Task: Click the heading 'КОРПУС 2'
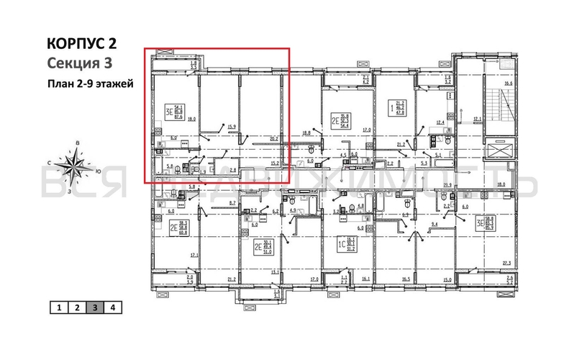(x=81, y=44)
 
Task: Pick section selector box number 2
(x=76, y=307)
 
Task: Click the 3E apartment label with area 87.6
(x=173, y=113)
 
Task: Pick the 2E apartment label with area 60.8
(x=178, y=228)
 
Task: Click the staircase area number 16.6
(x=509, y=84)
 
